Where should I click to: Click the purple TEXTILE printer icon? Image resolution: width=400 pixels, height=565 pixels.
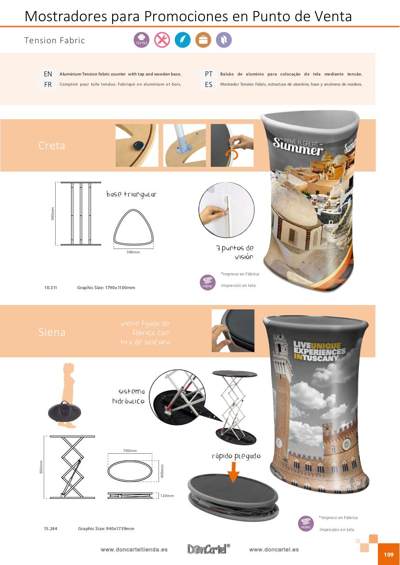click(x=141, y=40)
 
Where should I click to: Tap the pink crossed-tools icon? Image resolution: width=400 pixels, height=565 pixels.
click(x=162, y=40)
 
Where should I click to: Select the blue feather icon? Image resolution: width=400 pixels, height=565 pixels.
click(x=183, y=40)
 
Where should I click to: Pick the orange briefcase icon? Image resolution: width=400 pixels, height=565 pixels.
click(x=203, y=40)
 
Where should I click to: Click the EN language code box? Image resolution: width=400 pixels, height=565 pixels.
click(x=48, y=74)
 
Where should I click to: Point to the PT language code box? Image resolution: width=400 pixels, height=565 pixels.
click(x=208, y=74)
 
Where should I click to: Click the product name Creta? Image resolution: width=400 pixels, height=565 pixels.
click(x=52, y=146)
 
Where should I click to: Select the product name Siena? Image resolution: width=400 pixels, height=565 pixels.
click(x=52, y=332)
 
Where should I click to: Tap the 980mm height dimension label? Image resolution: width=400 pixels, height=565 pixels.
click(x=53, y=214)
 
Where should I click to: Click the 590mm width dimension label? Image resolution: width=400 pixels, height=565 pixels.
click(x=133, y=252)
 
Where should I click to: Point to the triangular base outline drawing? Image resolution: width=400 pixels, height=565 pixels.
click(x=133, y=226)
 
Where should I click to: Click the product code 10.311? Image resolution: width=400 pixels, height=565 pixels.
click(x=51, y=287)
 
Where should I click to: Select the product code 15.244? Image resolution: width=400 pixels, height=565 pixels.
click(x=51, y=528)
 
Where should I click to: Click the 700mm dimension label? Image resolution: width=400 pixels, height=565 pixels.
click(x=130, y=451)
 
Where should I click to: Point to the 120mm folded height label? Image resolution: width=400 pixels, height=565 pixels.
click(x=167, y=496)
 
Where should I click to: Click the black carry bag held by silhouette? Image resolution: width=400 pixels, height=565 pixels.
click(x=64, y=412)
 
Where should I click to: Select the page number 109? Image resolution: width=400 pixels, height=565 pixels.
click(x=389, y=554)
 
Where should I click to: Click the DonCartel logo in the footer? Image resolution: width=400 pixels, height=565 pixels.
click(x=208, y=549)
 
